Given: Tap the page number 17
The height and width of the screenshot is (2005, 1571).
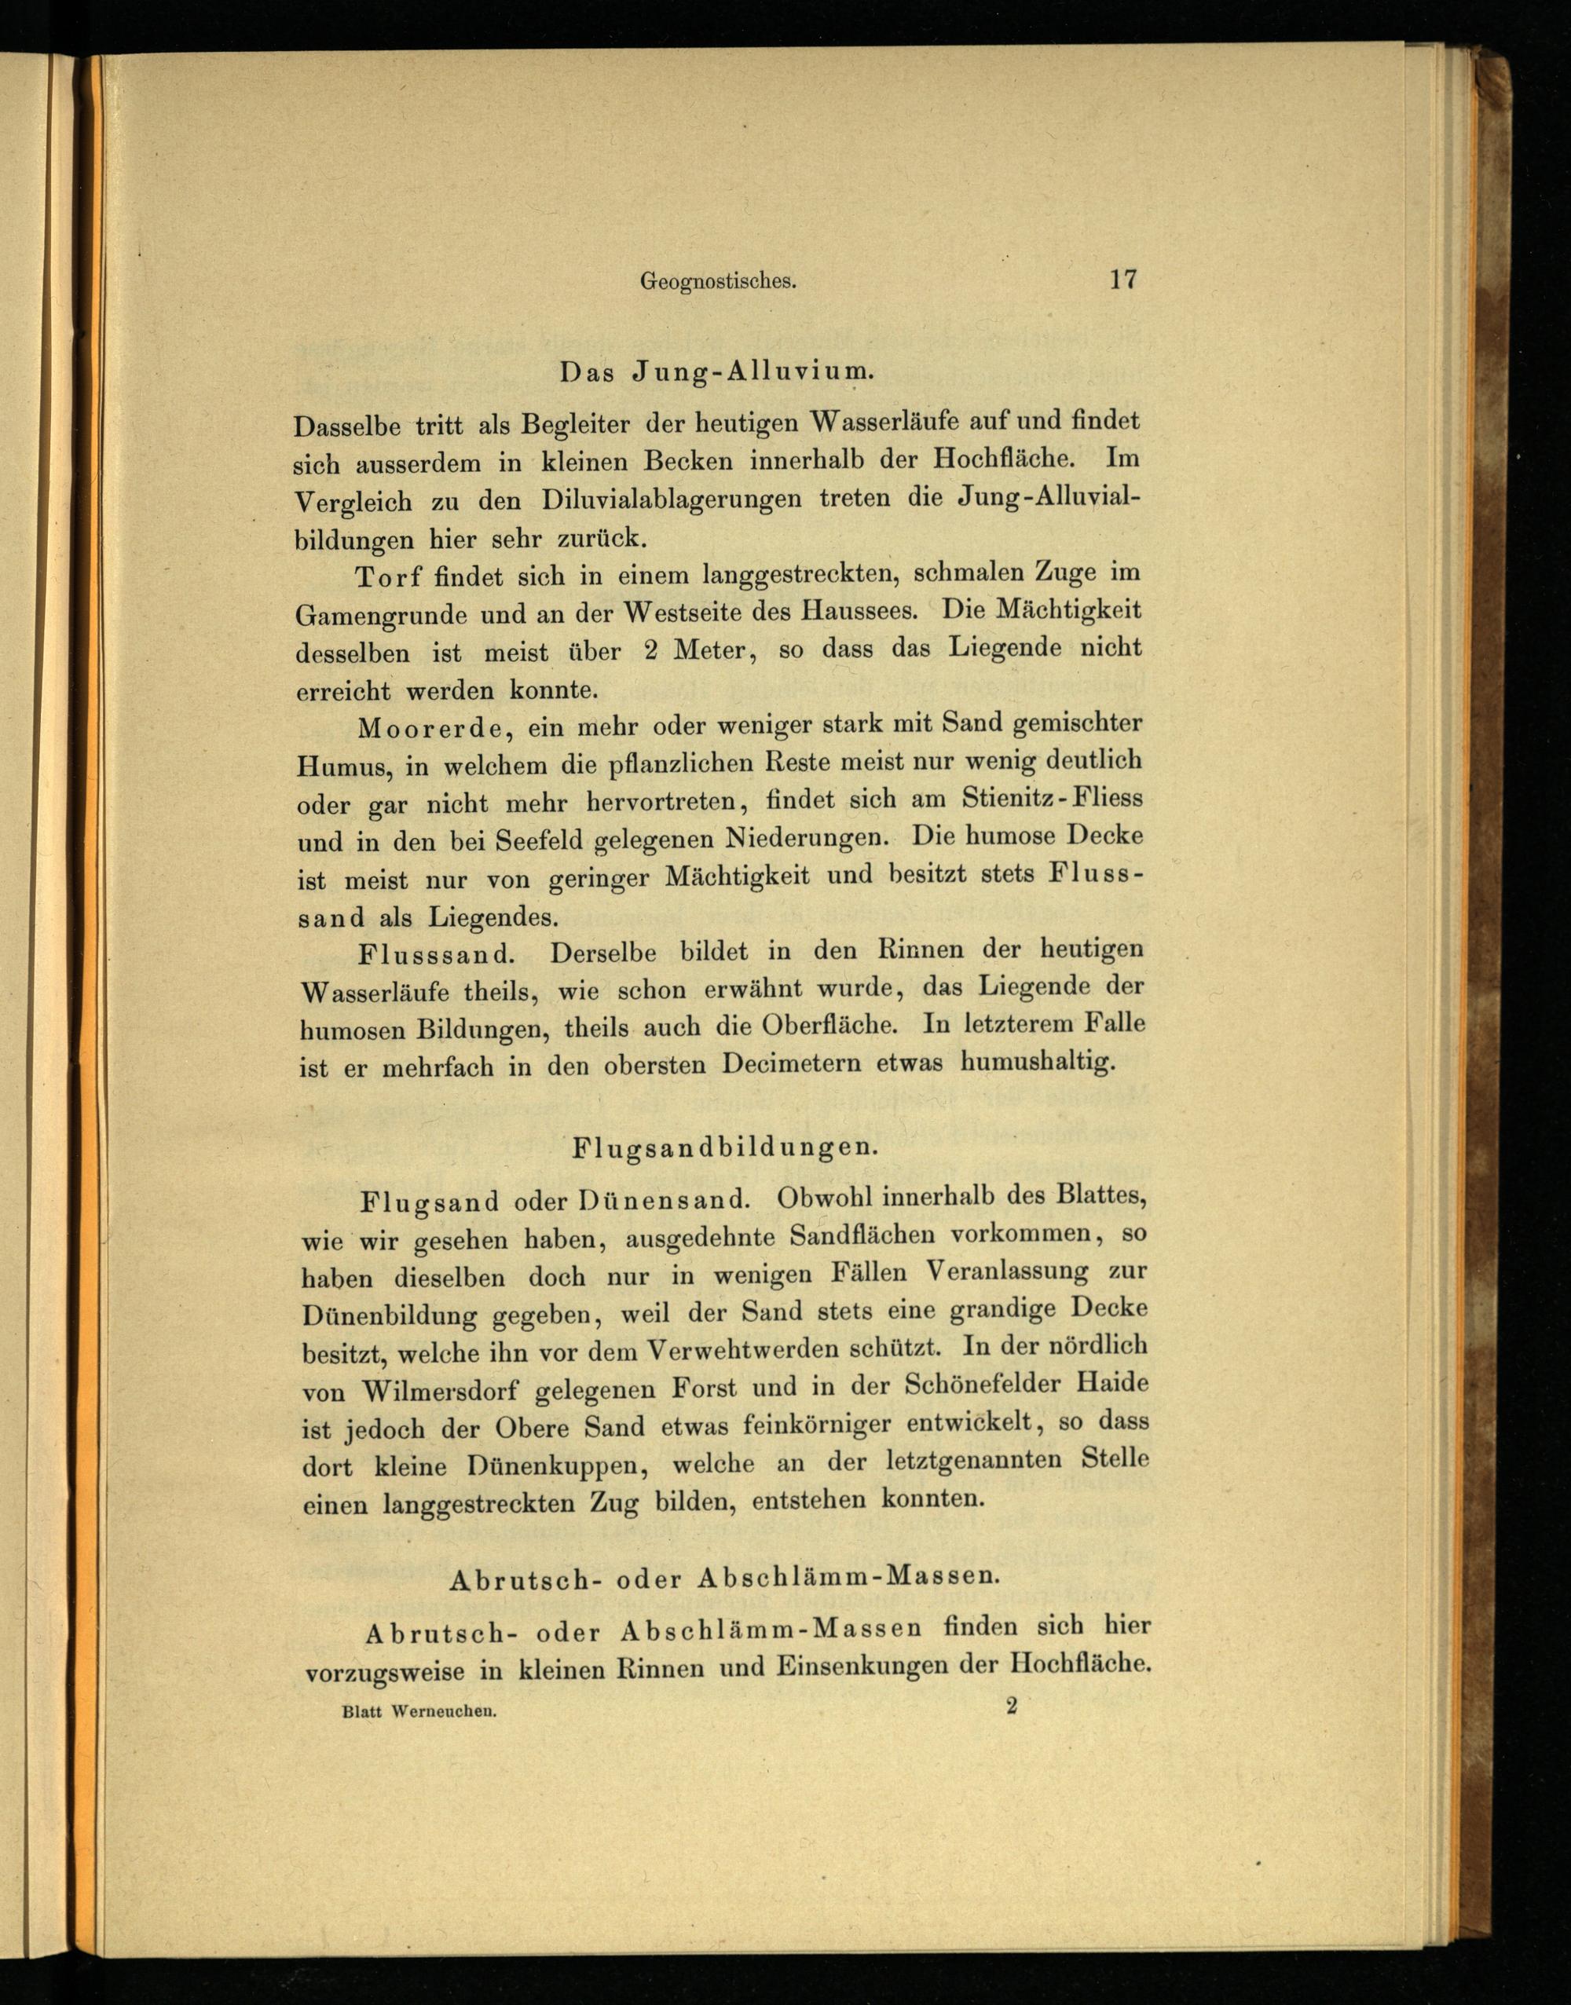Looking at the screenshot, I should (x=1123, y=279).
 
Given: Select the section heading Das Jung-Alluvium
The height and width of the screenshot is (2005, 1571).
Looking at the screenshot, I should (x=716, y=372).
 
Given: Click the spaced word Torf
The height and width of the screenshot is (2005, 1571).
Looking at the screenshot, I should (x=388, y=576).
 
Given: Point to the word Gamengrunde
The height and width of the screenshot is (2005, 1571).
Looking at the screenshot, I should (x=380, y=615).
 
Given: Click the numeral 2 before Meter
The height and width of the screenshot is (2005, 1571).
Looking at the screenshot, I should (x=651, y=650).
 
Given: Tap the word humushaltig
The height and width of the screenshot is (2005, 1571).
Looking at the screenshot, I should (x=1038, y=1063).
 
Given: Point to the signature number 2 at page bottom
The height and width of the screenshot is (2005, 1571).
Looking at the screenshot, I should (x=1012, y=1706).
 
